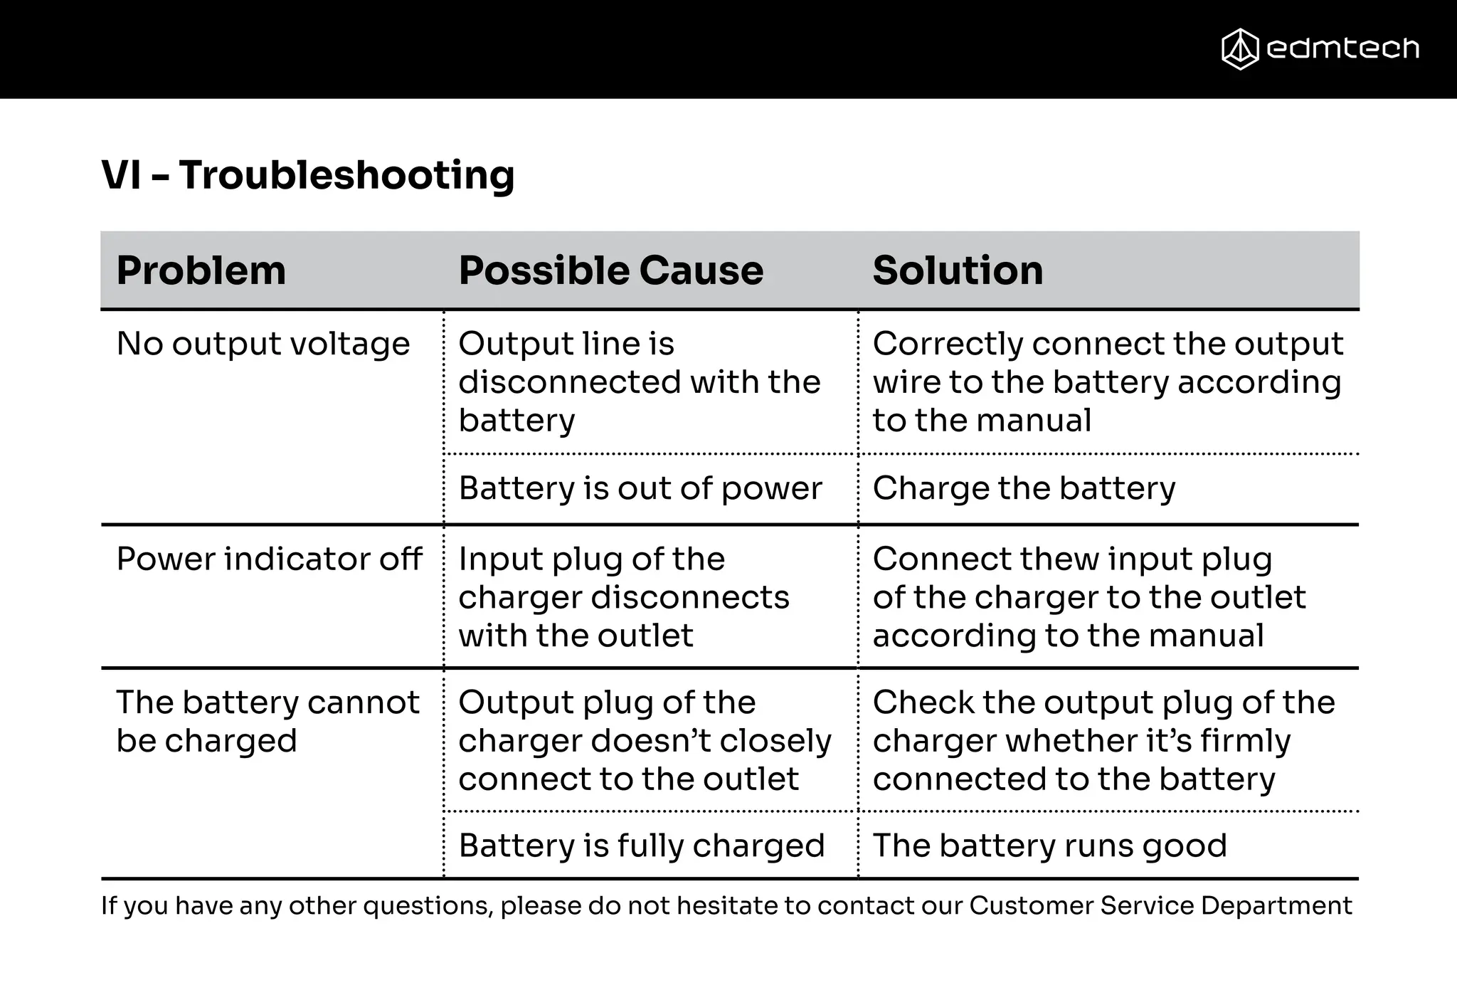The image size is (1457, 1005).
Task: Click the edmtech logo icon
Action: coord(1240,49)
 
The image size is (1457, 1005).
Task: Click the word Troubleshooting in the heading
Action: coord(346,175)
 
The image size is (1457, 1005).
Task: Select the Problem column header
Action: coord(201,270)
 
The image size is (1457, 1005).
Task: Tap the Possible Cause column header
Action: coord(610,270)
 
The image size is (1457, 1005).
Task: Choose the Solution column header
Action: coord(958,270)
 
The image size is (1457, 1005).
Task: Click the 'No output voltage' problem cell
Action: coord(263,344)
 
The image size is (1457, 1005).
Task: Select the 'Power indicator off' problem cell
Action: coord(269,559)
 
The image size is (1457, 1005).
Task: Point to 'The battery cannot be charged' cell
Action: coord(267,722)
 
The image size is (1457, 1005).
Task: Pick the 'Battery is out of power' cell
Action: coord(640,489)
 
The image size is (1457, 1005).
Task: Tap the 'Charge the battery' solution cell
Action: coord(1024,489)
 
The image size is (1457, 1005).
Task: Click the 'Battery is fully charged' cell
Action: coord(641,846)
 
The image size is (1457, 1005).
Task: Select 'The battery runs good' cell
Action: coord(1049,846)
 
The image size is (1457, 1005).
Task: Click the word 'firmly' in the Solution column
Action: coord(1245,742)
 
